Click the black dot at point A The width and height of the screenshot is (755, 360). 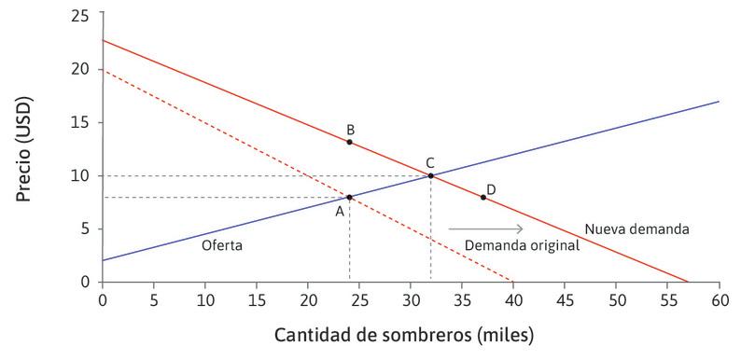coord(349,197)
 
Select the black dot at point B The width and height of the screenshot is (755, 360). coord(349,142)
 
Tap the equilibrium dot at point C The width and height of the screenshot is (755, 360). coord(430,175)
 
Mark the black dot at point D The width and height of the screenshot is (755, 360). coord(482,197)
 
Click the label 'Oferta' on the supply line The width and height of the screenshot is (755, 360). coord(222,245)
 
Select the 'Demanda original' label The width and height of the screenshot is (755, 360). coord(509,245)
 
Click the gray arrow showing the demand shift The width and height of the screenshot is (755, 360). coord(485,228)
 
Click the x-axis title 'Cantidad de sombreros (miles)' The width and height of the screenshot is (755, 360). coord(404,334)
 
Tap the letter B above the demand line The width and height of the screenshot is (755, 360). coord(349,129)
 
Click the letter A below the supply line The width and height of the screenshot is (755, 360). coord(341,212)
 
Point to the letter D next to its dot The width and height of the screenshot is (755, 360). coord(491,189)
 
